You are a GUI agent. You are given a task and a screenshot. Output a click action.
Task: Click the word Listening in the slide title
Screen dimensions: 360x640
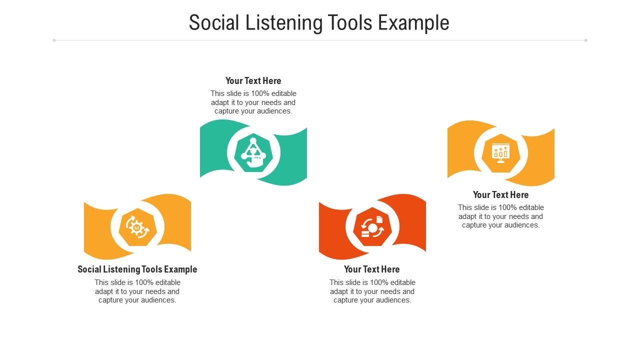(284, 23)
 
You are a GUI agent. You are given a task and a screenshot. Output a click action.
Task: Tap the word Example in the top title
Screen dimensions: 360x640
(413, 23)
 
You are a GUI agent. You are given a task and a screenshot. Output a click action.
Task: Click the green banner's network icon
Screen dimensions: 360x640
(253, 153)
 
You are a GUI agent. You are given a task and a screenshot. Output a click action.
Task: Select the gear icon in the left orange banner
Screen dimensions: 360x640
(137, 227)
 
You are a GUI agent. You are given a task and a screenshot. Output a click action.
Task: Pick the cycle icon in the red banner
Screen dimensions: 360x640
(372, 227)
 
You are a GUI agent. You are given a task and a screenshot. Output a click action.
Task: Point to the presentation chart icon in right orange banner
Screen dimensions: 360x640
(500, 153)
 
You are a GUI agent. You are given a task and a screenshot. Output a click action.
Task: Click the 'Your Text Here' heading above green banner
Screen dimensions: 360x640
(253, 81)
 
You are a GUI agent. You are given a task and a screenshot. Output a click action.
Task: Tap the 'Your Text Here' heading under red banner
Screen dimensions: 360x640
(372, 269)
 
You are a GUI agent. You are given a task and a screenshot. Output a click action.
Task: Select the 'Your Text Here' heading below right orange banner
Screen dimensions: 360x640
(500, 195)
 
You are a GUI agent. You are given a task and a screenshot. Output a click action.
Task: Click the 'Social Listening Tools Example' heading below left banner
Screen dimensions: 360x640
(137, 269)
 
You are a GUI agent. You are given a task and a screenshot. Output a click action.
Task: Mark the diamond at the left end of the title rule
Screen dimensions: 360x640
(54, 40)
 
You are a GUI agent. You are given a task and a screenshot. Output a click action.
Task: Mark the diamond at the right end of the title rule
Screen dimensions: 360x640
(585, 40)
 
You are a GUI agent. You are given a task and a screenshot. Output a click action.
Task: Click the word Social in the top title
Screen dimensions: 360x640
(214, 23)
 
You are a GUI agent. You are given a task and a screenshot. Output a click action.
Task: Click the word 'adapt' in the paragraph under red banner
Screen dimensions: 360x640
(339, 291)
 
